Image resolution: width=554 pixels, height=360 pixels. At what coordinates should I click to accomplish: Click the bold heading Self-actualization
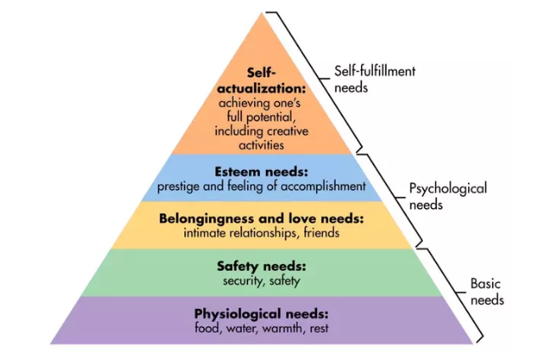[262, 81]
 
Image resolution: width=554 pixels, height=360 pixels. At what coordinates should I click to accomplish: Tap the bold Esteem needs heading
[262, 172]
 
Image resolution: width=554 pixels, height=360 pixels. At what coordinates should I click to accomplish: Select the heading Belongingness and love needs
[262, 219]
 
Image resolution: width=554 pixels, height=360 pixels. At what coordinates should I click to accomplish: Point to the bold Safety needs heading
[262, 266]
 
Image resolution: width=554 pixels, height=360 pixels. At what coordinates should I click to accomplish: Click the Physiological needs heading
[262, 313]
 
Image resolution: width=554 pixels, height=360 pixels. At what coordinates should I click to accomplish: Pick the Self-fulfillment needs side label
[375, 80]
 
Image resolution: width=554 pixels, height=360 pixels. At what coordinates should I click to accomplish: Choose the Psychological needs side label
[448, 196]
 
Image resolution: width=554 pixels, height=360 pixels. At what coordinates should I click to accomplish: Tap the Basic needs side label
[487, 292]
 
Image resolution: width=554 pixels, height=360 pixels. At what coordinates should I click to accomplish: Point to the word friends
[321, 233]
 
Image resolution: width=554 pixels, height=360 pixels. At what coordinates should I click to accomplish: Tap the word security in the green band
[244, 281]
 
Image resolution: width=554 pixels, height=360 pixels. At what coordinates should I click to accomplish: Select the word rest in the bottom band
[319, 329]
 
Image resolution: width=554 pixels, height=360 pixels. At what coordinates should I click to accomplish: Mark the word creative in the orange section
[287, 132]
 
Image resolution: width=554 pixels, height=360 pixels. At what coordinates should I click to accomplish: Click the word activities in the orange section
[262, 145]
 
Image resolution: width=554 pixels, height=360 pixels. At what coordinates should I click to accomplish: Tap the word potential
[270, 117]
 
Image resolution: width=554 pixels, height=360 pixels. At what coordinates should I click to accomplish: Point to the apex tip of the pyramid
[262, 13]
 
